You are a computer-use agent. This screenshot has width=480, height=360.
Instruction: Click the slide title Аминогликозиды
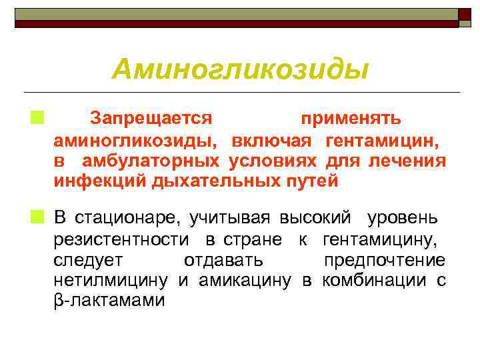[x=240, y=68]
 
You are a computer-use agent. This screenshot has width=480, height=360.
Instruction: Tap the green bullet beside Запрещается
[x=33, y=118]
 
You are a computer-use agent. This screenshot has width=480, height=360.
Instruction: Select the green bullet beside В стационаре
[x=33, y=217]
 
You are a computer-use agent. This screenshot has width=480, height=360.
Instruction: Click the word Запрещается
[x=151, y=119]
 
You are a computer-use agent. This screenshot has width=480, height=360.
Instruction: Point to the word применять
[x=351, y=119]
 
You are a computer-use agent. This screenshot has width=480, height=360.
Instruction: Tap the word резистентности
[x=121, y=239]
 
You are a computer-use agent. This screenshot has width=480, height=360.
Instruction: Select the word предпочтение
[x=384, y=259]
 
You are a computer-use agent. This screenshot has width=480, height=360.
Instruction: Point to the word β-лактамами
[x=109, y=301]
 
